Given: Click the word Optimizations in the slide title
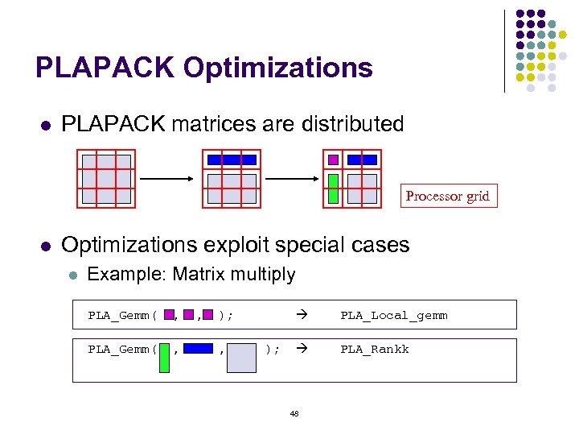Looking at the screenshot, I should (278, 68).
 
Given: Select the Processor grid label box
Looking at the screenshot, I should (448, 196).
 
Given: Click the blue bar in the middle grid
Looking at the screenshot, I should (232, 159).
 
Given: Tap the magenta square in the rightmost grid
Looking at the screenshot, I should (333, 159).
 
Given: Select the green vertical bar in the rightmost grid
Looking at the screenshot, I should (333, 188).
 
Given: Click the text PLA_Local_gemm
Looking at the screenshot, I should (394, 315).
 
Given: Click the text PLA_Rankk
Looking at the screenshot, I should (375, 349).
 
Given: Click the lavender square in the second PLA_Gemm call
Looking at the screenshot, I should (241, 357).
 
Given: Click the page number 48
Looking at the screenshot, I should (294, 413).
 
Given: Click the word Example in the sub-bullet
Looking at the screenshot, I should (123, 275).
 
